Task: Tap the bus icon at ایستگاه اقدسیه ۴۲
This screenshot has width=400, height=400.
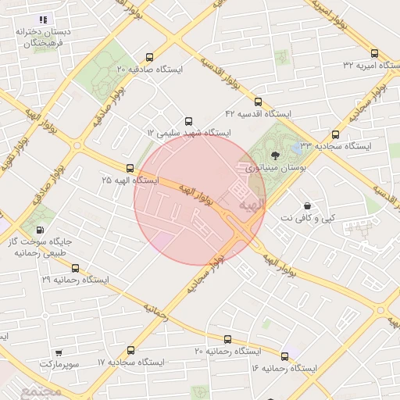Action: coord(259,102)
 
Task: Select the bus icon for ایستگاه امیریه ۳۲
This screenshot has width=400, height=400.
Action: coord(374,54)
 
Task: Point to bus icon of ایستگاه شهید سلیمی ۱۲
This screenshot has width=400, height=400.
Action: coord(188,121)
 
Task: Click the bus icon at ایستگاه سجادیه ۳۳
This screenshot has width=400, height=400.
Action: coord(336,134)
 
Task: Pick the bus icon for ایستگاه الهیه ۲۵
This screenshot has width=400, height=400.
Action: coord(130,168)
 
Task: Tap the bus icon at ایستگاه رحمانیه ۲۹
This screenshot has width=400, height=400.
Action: coord(75,268)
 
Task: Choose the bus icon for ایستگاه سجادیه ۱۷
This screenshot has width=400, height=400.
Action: coord(130,351)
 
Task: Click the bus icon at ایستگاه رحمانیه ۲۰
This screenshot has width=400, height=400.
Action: coord(227,340)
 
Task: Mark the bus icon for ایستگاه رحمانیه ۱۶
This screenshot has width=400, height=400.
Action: coord(284,355)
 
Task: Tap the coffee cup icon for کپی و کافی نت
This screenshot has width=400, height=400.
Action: coord(307,205)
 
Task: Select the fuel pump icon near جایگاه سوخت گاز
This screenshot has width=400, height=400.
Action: coord(40,230)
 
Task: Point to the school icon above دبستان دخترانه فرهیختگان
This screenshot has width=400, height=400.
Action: coord(43,20)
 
